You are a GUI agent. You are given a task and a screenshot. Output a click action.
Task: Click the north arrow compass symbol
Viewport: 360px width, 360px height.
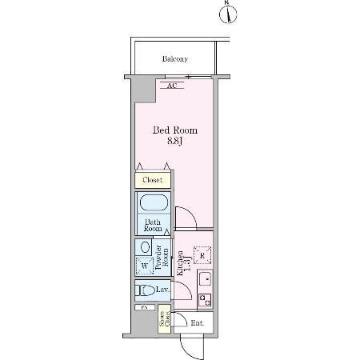pos(227,13)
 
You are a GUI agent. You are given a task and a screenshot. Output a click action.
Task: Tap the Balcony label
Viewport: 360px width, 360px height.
pos(175,59)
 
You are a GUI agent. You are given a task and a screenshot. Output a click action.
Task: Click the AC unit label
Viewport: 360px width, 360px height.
pos(172,85)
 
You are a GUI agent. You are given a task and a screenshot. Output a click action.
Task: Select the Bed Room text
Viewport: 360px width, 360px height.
pos(175,130)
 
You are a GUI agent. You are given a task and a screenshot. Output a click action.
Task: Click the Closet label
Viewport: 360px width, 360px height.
pos(152,180)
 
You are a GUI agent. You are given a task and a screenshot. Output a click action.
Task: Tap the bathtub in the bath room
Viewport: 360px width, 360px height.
pos(152,202)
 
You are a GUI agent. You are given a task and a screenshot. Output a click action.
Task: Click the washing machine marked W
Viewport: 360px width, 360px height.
pos(144,265)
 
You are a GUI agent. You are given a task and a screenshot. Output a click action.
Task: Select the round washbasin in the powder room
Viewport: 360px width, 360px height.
pos(144,247)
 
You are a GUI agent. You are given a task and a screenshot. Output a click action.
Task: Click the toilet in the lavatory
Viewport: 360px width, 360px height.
pos(146,290)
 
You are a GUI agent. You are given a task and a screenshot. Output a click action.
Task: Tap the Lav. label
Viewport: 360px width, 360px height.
pos(162,289)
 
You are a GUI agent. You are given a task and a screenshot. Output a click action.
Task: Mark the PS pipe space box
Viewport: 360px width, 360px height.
pos(145,307)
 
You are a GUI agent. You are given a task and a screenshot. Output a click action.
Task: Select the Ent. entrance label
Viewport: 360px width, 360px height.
pos(197,322)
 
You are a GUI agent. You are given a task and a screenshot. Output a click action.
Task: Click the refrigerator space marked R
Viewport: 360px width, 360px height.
pos(202,255)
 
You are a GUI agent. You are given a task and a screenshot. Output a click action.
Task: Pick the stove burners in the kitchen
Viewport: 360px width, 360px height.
pos(205,300)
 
